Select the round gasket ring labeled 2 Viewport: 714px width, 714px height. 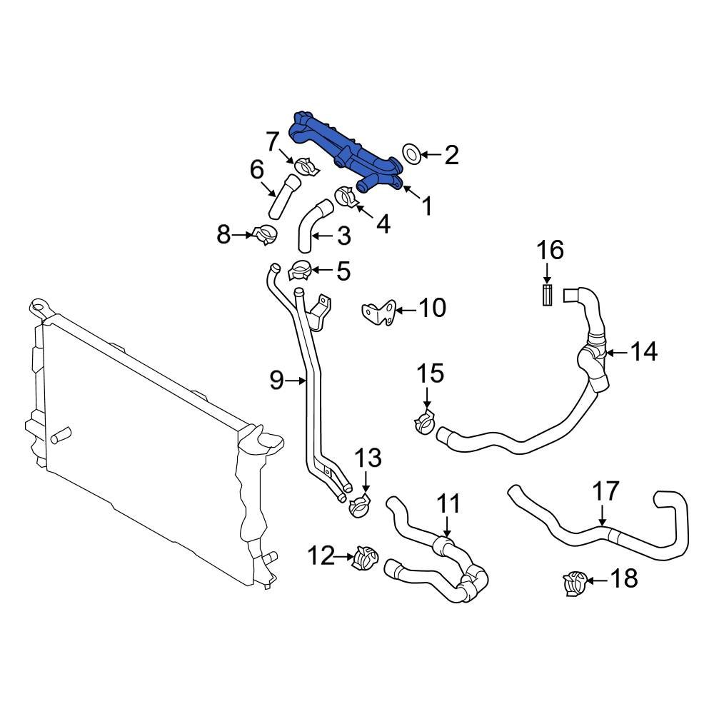click(x=411, y=154)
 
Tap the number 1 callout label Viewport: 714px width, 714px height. click(x=426, y=207)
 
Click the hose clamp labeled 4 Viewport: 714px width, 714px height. click(x=346, y=197)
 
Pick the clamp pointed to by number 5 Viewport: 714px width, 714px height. click(x=299, y=271)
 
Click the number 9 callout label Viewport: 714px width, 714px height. click(x=276, y=381)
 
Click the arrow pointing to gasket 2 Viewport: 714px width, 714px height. click(x=431, y=154)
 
